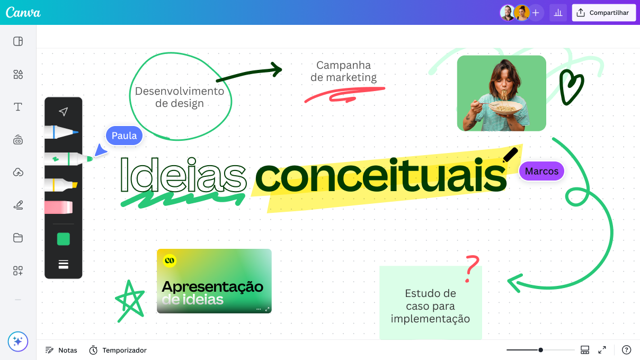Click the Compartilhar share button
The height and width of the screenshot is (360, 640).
point(604,13)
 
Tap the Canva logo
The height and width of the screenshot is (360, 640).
point(23,13)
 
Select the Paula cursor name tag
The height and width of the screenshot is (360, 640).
point(124,136)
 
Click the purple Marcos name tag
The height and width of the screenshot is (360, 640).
point(541,171)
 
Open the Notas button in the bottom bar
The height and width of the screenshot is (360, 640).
point(61,350)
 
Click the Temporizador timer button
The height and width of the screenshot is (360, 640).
point(118,350)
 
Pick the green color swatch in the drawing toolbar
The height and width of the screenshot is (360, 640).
point(64,239)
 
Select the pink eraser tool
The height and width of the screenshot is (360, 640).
point(59,207)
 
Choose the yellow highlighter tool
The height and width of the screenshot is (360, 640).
point(61,185)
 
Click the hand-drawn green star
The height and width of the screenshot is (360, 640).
point(130,300)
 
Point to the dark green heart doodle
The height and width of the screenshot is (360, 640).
point(571,87)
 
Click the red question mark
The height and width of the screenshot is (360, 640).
point(472,268)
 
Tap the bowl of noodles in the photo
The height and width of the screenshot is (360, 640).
point(506,108)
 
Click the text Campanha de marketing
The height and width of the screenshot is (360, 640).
point(343,71)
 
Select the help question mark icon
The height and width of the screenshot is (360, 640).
point(626,350)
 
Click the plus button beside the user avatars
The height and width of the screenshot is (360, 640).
point(536,13)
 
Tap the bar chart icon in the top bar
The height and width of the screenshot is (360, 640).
point(558,13)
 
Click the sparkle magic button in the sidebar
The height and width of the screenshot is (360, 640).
point(17,341)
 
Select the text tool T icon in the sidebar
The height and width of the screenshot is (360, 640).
point(18,107)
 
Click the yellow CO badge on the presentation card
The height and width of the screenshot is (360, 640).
point(170,260)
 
